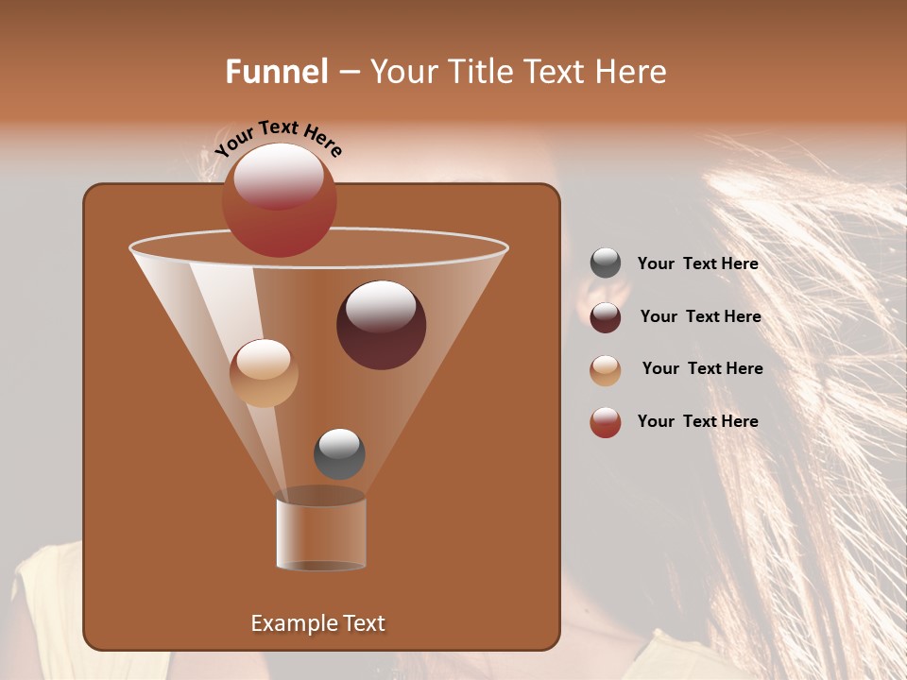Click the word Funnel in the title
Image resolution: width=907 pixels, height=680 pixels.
pyautogui.click(x=276, y=72)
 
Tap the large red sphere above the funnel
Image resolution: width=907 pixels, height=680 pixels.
pyautogui.click(x=280, y=199)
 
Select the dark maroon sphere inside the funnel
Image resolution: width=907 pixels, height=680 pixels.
pyautogui.click(x=381, y=325)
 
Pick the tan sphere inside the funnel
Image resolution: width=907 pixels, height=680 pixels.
pyautogui.click(x=264, y=373)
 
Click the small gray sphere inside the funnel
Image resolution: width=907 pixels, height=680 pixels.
pyautogui.click(x=339, y=453)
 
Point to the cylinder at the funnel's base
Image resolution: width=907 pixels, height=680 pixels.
pyautogui.click(x=321, y=534)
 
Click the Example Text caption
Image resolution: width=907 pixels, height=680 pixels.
pyautogui.click(x=317, y=623)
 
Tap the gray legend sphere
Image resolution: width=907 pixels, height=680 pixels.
pyautogui.click(x=606, y=263)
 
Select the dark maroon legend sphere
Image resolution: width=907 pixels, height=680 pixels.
pyautogui.click(x=606, y=317)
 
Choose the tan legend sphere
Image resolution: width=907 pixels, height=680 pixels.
pyautogui.click(x=606, y=370)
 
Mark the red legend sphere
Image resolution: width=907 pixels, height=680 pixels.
pyautogui.click(x=606, y=422)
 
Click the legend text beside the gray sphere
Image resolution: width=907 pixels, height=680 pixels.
pyautogui.click(x=697, y=264)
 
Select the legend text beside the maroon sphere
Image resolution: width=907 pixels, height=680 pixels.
pyautogui.click(x=700, y=317)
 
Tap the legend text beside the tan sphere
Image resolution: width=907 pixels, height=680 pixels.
pyautogui.click(x=702, y=369)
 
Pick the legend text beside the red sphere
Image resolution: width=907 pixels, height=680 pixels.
pyautogui.click(x=697, y=421)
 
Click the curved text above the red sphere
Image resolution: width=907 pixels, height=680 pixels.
pyautogui.click(x=279, y=136)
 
